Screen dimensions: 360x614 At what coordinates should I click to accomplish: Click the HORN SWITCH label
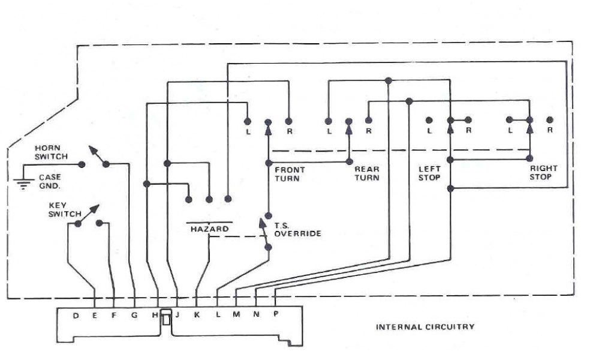pyautogui.click(x=51, y=152)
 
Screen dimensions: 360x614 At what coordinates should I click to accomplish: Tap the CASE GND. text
pyautogui.click(x=50, y=181)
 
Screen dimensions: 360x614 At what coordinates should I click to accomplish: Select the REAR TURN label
pyautogui.click(x=367, y=174)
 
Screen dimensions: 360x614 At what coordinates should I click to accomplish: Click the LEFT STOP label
pyautogui.click(x=429, y=173)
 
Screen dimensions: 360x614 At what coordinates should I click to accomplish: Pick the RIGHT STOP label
pyautogui.click(x=543, y=173)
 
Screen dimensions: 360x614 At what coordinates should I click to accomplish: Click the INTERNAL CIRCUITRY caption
pyautogui.click(x=425, y=327)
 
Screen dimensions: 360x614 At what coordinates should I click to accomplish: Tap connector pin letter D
pyautogui.click(x=76, y=316)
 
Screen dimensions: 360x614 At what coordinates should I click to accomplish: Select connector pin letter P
pyautogui.click(x=276, y=316)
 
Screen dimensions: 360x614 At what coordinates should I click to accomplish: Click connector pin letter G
pyautogui.click(x=134, y=316)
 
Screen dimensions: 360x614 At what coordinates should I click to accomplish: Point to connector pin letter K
pyautogui.click(x=197, y=316)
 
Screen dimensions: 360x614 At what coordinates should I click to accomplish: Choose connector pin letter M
pyautogui.click(x=236, y=316)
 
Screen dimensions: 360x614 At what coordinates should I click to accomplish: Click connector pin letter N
pyautogui.click(x=257, y=316)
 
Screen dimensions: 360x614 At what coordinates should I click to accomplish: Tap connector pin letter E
pyautogui.click(x=95, y=316)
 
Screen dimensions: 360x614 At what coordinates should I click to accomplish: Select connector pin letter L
pyautogui.click(x=217, y=316)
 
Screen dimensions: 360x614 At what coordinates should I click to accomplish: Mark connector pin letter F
pyautogui.click(x=114, y=316)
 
